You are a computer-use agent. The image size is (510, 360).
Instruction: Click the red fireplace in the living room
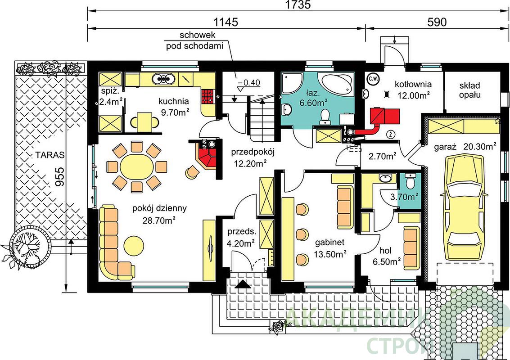click(x=207, y=157)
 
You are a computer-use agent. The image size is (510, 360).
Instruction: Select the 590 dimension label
click(x=437, y=22)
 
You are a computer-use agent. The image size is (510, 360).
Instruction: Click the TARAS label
click(x=50, y=155)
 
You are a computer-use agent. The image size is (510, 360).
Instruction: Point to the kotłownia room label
click(x=413, y=85)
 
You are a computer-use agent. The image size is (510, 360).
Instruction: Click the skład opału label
click(x=470, y=90)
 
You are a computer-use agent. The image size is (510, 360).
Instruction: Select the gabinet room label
click(x=329, y=242)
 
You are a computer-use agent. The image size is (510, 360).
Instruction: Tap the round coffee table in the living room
click(x=134, y=246)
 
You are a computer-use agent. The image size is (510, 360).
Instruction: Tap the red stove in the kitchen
click(x=208, y=96)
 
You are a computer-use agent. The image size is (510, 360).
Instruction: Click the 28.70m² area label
click(x=159, y=220)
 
